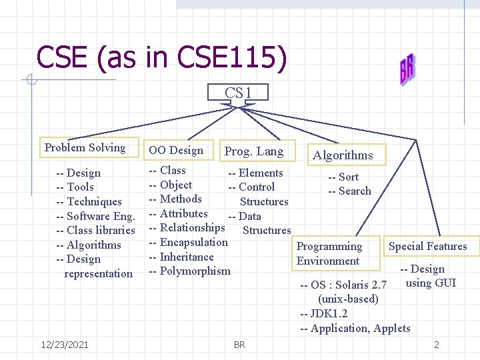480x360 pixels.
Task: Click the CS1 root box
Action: click(x=238, y=93)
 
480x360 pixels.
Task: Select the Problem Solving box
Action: click(x=85, y=148)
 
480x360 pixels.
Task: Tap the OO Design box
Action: click(x=176, y=151)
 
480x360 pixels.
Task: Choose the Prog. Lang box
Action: click(x=254, y=151)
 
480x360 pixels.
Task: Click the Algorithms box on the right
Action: click(x=343, y=155)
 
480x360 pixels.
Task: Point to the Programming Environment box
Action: click(x=329, y=253)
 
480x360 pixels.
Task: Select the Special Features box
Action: click(x=427, y=247)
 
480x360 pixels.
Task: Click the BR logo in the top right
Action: click(x=406, y=69)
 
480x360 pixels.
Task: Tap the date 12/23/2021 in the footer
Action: click(x=65, y=344)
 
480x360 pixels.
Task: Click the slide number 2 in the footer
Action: click(x=436, y=345)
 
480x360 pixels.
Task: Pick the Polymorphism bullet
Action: click(x=189, y=271)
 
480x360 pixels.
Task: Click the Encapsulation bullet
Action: click(x=188, y=243)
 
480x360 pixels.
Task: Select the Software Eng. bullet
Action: click(x=96, y=216)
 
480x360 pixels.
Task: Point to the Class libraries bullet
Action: click(x=96, y=231)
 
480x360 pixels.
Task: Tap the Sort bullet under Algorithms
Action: click(x=343, y=177)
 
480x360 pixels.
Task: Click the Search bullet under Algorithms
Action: click(x=349, y=191)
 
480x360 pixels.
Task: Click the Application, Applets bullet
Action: click(x=355, y=328)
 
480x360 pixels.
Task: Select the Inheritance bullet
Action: click(x=181, y=257)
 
